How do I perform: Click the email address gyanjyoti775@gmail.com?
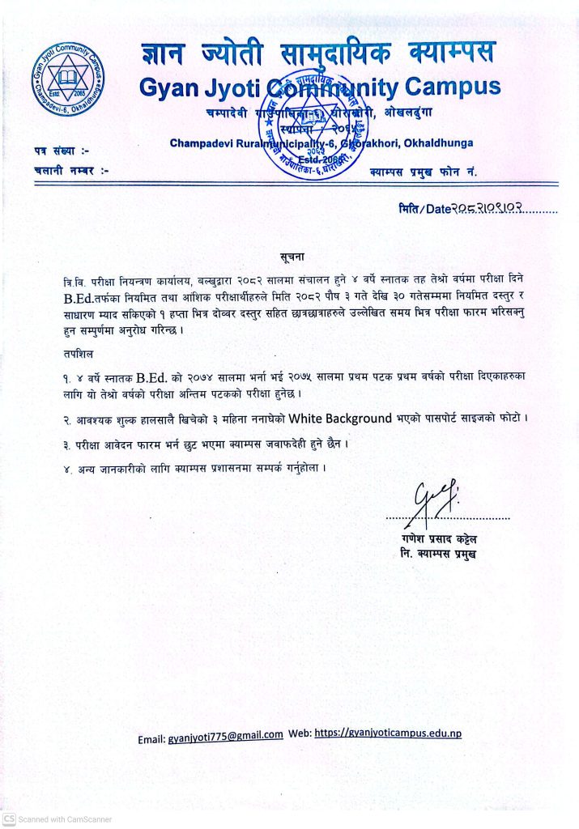[225, 735]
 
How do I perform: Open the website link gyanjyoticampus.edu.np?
[388, 733]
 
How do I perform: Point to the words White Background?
[342, 419]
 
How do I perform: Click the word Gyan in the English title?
[170, 87]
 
